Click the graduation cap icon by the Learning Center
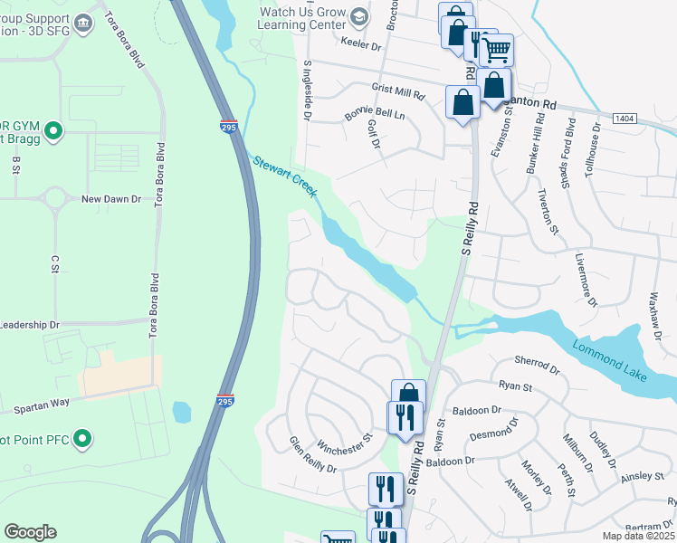click(359, 16)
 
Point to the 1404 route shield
click(624, 119)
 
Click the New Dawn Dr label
click(111, 199)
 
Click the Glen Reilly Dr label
click(312, 455)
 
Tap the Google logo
click(30, 532)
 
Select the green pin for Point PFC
click(82, 440)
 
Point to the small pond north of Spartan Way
click(181, 413)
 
